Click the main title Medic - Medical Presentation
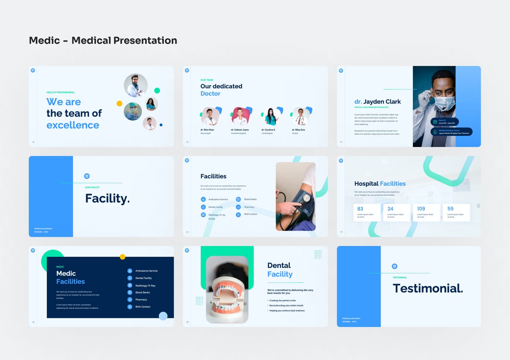(x=103, y=40)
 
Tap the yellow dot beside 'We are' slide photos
(x=119, y=103)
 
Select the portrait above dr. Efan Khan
(x=210, y=116)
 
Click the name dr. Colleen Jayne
(x=240, y=130)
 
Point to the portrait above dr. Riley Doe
(x=300, y=116)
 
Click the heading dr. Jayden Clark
(x=377, y=102)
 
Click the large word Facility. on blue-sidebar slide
(x=107, y=198)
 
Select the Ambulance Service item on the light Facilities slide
(x=218, y=200)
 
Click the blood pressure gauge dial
(x=306, y=198)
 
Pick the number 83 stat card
(x=367, y=212)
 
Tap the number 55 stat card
(x=456, y=212)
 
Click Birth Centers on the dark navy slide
(x=143, y=307)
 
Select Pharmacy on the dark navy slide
(x=141, y=300)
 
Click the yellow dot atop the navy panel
(x=122, y=257)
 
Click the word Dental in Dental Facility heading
(x=279, y=265)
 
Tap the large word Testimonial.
(x=428, y=288)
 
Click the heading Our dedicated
(x=221, y=86)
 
